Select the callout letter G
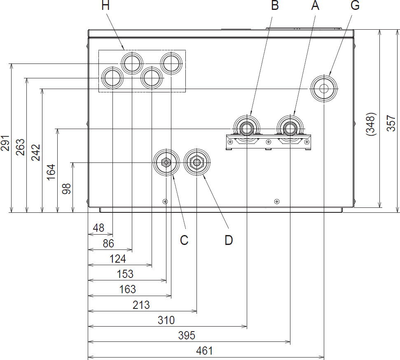[x=355, y=6]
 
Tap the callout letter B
[x=274, y=6]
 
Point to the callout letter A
[x=315, y=6]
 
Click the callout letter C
[x=184, y=240]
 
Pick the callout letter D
[x=229, y=240]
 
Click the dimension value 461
[x=204, y=351]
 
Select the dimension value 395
[x=187, y=335]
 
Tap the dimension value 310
[x=166, y=320]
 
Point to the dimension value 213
[x=141, y=305]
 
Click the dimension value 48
[x=98, y=227]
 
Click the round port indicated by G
[x=324, y=88]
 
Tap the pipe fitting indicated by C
[x=166, y=162]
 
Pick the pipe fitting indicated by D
[x=197, y=162]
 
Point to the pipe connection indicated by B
[x=247, y=128]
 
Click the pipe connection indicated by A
[x=290, y=128]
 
